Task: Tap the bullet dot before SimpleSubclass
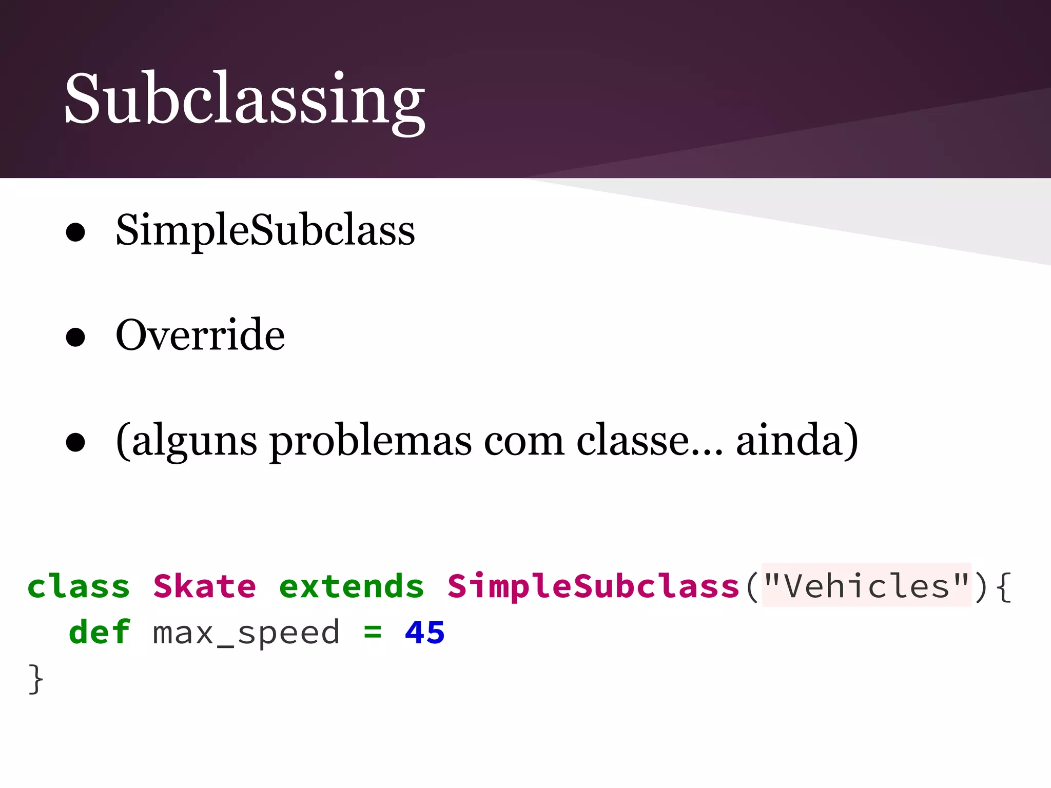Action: [x=75, y=232]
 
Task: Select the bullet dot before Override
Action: [x=75, y=337]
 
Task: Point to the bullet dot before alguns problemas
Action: [x=75, y=442]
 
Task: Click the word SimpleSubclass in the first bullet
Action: [x=265, y=230]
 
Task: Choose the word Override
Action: [x=200, y=335]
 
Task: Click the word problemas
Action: [x=371, y=441]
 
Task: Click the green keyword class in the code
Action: [x=79, y=586]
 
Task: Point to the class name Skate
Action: [x=204, y=586]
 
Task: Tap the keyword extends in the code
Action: [x=352, y=586]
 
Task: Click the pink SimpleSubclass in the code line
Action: [x=593, y=586]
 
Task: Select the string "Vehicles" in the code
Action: [x=866, y=586]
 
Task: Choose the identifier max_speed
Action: [x=246, y=633]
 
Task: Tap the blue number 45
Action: [x=424, y=632]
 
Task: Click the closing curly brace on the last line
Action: [x=35, y=679]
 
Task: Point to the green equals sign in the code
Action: [x=373, y=633]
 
